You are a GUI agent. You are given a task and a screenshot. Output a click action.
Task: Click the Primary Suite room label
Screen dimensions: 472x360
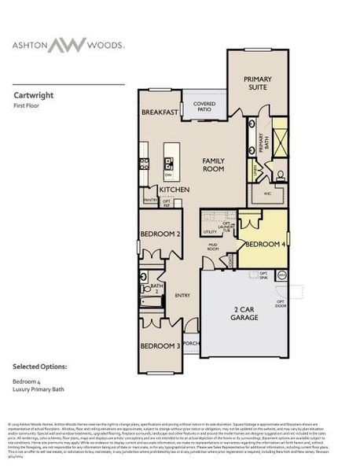pyautogui.click(x=257, y=84)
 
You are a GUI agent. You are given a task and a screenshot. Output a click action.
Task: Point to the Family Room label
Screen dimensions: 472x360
pyautogui.click(x=213, y=164)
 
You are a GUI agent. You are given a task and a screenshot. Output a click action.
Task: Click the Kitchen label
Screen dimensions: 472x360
pyautogui.click(x=172, y=190)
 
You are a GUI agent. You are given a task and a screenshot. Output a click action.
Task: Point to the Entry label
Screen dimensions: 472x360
pyautogui.click(x=182, y=295)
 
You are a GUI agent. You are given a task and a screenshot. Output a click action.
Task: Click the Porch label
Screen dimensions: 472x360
pyautogui.click(x=192, y=343)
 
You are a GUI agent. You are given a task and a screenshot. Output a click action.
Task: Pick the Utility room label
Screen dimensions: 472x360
pyautogui.click(x=210, y=232)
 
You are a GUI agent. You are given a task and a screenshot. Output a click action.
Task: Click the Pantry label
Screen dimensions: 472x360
pyautogui.click(x=150, y=201)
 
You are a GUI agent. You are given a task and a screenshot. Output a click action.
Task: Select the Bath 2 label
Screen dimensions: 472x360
pyautogui.click(x=156, y=288)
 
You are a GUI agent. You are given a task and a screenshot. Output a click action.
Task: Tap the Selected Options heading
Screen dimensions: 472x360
pyautogui.click(x=39, y=367)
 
